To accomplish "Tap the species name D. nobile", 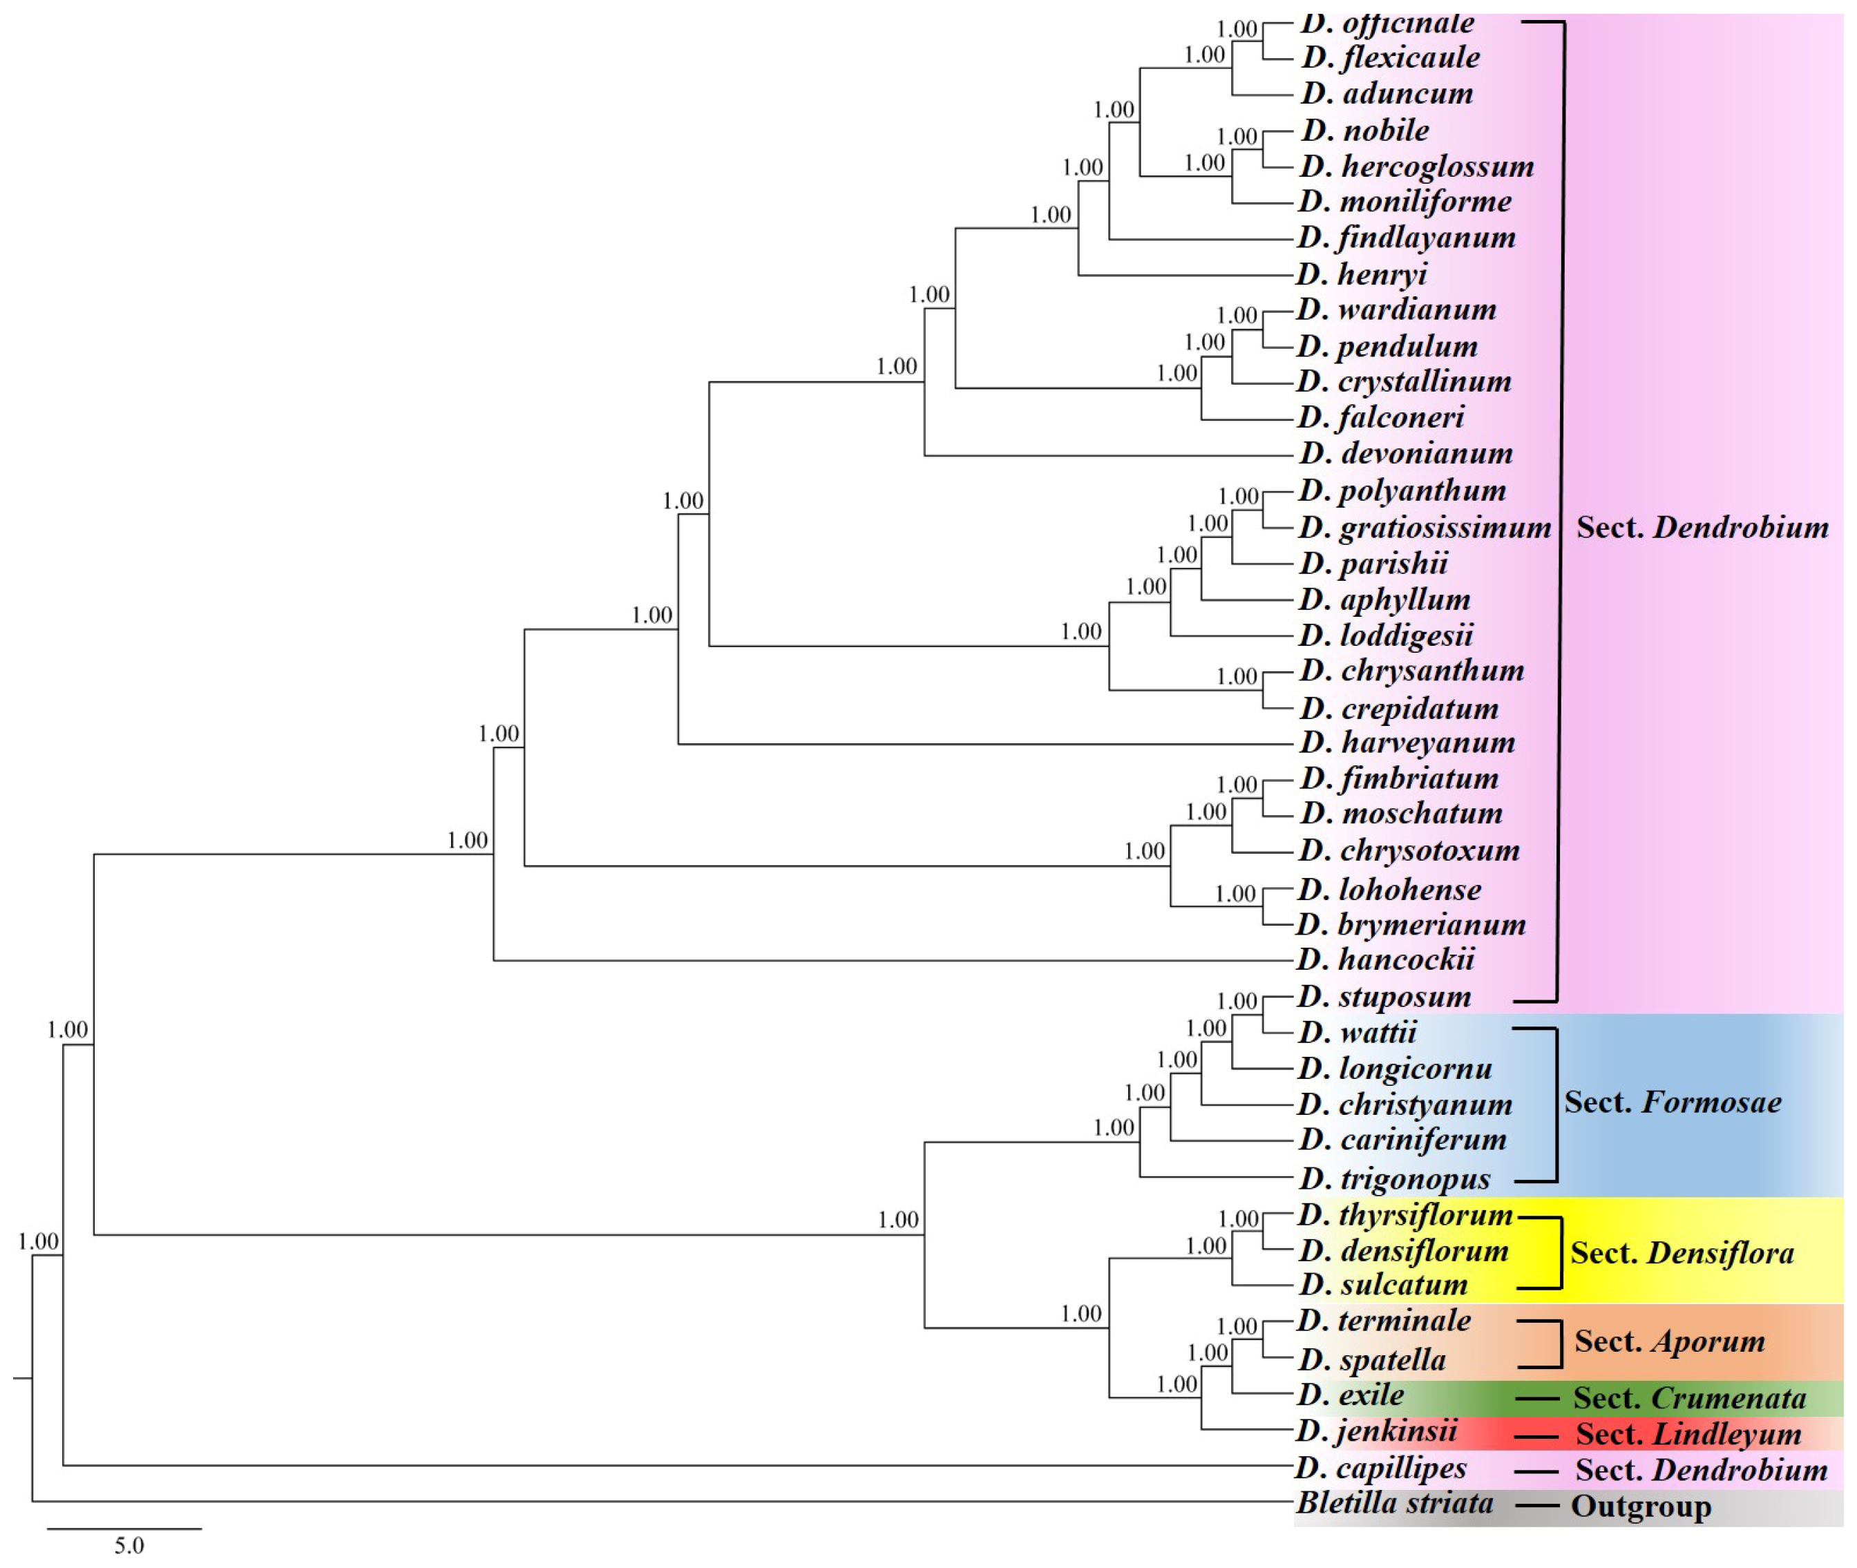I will [1365, 131].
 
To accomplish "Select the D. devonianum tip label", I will [1405, 453].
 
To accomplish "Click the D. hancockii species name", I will [1386, 959].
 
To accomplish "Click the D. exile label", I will [1351, 1395].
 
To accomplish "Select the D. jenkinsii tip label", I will [1377, 1431].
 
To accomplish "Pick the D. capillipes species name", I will [1382, 1468].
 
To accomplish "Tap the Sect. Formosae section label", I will [1672, 1102].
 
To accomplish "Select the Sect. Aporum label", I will [1669, 1341].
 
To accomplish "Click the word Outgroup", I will [1640, 1507].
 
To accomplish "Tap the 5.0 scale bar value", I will [129, 1546].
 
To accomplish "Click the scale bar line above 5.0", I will [124, 1529].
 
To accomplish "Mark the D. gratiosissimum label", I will [1424, 527].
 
